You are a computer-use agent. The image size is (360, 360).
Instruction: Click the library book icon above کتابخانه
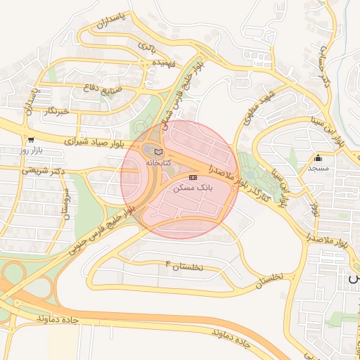point(158,152)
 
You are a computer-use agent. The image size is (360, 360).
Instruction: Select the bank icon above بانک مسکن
point(193,177)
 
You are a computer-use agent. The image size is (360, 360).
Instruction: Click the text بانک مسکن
point(192,188)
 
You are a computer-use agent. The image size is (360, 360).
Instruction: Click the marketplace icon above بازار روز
point(30,140)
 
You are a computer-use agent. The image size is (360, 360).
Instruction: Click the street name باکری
point(147,47)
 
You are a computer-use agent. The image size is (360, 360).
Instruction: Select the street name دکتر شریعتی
point(40,169)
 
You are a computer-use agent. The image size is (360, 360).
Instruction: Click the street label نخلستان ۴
point(184,266)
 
